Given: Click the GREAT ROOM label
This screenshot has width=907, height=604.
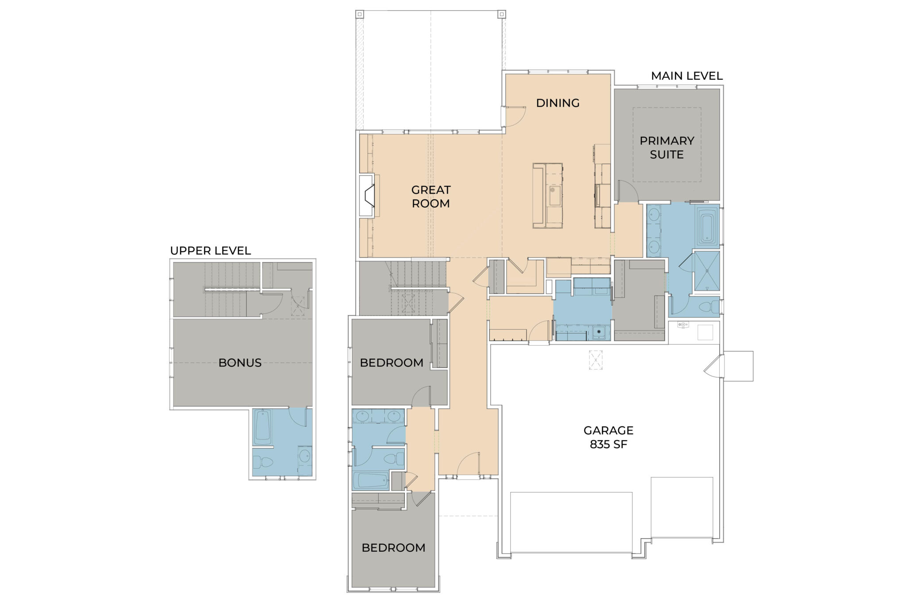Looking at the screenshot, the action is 430,196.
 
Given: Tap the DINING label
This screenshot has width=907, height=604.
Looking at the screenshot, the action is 558,103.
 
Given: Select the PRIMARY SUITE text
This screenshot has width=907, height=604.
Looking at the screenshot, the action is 667,147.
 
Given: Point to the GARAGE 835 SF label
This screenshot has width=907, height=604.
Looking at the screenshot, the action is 608,437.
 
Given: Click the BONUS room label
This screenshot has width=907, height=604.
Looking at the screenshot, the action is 240,363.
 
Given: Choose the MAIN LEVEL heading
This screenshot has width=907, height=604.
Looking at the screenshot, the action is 686,76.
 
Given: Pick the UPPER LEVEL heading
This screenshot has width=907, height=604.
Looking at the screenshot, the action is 210,251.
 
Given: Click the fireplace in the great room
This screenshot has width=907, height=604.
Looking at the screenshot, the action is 367,196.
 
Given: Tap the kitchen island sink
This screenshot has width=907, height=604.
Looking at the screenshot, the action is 554,195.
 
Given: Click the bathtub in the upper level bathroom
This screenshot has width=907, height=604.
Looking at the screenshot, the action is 262,427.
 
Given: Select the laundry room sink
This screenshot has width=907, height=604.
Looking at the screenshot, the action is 599,332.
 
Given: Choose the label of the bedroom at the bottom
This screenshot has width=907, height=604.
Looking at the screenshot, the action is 393,548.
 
